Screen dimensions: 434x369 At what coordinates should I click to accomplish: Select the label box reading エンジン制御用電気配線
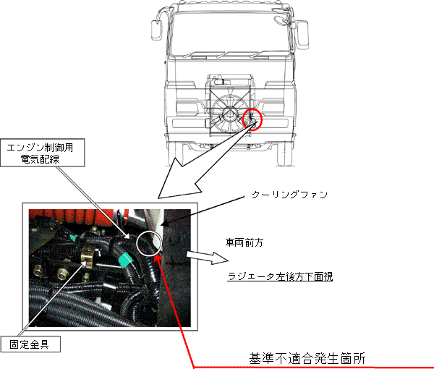(43, 153)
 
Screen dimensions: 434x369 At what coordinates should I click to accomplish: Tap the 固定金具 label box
(30, 344)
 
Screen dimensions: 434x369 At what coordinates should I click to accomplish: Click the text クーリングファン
(289, 195)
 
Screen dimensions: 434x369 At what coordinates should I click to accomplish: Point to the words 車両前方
(244, 243)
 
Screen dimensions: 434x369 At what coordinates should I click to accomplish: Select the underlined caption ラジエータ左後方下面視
(280, 276)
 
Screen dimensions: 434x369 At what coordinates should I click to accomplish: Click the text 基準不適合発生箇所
(307, 358)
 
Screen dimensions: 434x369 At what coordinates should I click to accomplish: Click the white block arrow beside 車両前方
(207, 257)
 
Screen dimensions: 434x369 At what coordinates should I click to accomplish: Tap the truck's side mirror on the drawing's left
(156, 30)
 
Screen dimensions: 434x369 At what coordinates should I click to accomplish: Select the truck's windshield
(231, 33)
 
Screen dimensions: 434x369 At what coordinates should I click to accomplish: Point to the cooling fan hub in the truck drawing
(230, 113)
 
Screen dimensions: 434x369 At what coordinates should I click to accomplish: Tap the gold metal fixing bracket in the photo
(88, 258)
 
